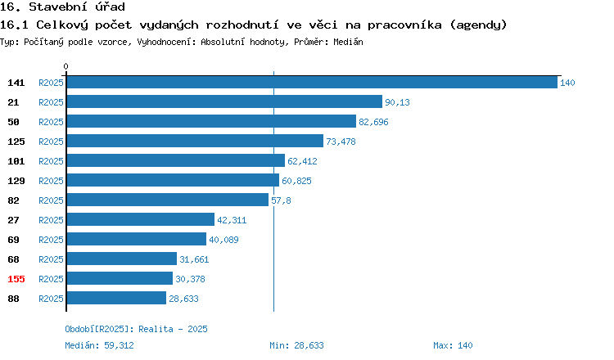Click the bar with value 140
(312, 82)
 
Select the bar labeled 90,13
(224, 101)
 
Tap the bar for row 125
(195, 141)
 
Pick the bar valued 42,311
(141, 219)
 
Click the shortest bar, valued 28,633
(116, 298)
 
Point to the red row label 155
(16, 279)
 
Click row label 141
(16, 83)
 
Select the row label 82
(13, 200)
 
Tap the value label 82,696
(373, 122)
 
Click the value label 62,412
(302, 161)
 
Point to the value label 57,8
(281, 200)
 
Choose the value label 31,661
(194, 259)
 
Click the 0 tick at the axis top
(65, 66)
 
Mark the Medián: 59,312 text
(99, 345)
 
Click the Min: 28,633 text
(296, 345)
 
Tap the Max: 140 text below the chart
(453, 345)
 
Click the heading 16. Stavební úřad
(63, 7)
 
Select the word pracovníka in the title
(404, 25)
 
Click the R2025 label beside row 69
(51, 240)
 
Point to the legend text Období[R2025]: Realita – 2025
(136, 329)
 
